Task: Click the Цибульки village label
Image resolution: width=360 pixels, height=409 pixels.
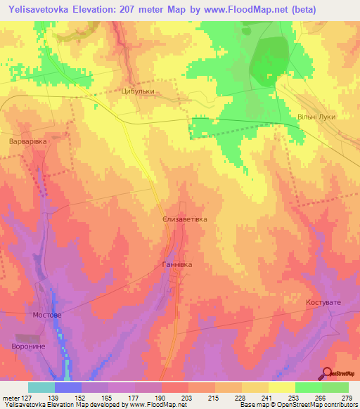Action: pyautogui.click(x=137, y=91)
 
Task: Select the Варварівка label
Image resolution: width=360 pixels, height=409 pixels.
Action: pyautogui.click(x=27, y=141)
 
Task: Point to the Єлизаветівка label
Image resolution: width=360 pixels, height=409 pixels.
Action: pyautogui.click(x=185, y=219)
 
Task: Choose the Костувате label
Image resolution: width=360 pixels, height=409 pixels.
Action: pyautogui.click(x=323, y=302)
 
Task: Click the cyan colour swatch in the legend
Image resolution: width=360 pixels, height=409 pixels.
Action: pyautogui.click(x=41, y=387)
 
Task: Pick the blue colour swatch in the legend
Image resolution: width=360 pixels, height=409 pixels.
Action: pyautogui.click(x=68, y=387)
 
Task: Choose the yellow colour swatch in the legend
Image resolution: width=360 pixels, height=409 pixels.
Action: pyautogui.click(x=282, y=387)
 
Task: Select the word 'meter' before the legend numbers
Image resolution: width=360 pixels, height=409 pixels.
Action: pyautogui.click(x=10, y=398)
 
